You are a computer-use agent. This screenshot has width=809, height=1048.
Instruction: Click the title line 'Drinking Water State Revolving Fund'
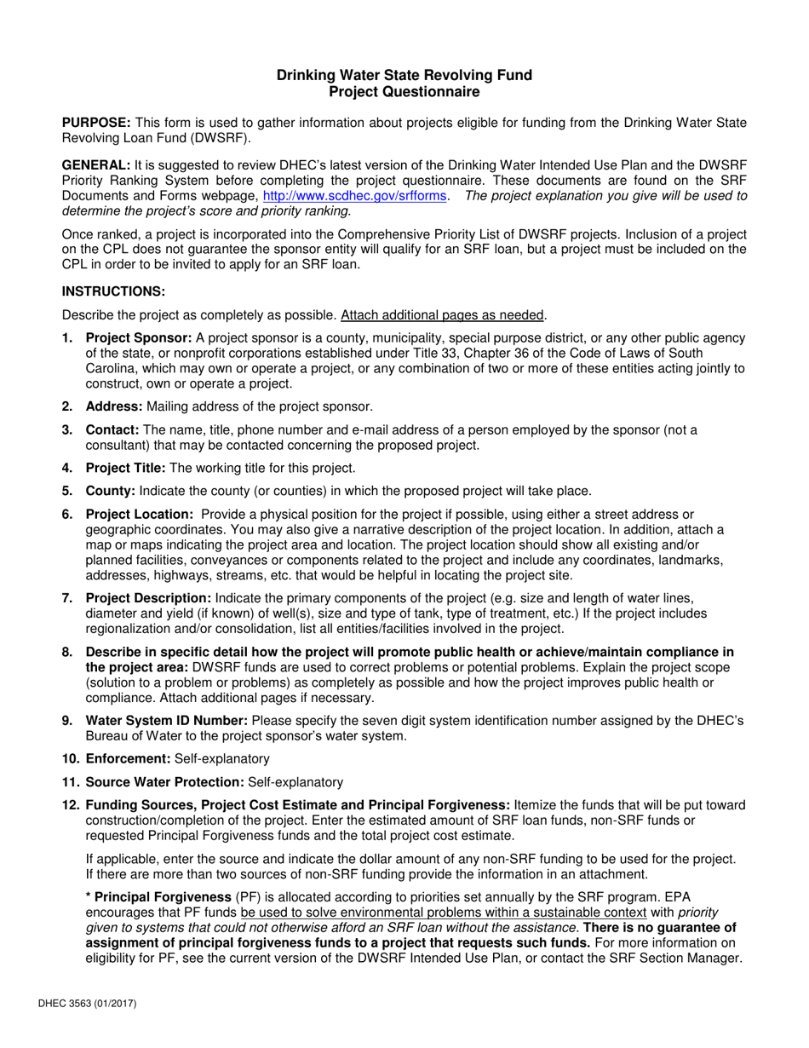tap(404, 75)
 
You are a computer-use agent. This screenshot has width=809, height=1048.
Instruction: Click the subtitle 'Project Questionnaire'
tap(404, 92)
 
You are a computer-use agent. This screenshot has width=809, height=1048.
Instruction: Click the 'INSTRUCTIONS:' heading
tap(113, 291)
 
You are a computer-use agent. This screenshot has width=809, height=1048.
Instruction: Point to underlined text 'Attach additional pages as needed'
tap(442, 314)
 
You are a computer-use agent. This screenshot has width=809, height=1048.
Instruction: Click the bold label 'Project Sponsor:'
tap(139, 338)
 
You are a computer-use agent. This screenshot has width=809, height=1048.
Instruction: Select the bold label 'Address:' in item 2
tap(114, 406)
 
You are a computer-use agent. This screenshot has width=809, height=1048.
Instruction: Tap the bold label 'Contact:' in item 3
tap(113, 430)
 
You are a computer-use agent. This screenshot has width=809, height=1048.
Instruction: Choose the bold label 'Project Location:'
tap(140, 515)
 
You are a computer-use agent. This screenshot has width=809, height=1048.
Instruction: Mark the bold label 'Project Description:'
tap(149, 598)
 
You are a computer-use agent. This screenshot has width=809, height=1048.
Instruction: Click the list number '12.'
tap(72, 805)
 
